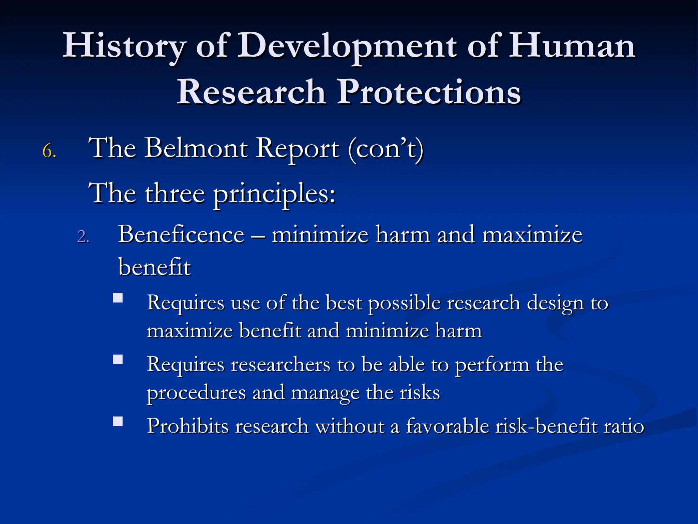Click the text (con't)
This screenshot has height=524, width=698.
point(386,149)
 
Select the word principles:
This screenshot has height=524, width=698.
point(275,194)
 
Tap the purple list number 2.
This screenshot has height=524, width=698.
point(83,236)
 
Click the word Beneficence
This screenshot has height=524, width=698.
point(181,235)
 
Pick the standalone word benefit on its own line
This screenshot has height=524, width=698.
point(154,267)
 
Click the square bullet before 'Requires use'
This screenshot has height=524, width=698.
point(118,298)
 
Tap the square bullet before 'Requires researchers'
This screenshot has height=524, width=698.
point(118,360)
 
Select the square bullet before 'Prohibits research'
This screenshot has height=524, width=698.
point(118,421)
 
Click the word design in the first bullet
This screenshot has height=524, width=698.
point(555,303)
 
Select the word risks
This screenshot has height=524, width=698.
point(420,392)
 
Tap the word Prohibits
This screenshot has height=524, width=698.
point(188,426)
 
